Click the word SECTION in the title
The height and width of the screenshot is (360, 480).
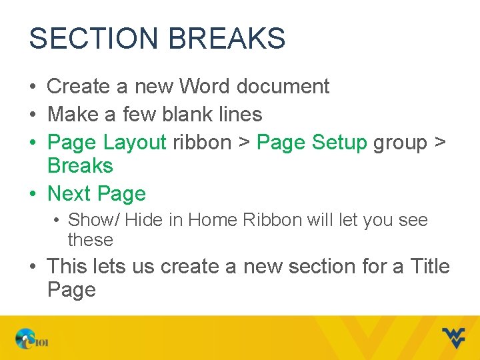(94, 39)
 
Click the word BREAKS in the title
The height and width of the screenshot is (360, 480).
(227, 39)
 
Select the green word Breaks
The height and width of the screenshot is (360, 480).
(80, 165)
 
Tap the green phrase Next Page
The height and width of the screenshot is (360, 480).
(97, 194)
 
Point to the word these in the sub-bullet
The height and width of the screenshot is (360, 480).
(91, 239)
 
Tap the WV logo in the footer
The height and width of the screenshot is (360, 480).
(453, 337)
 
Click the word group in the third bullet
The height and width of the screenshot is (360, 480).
(400, 143)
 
